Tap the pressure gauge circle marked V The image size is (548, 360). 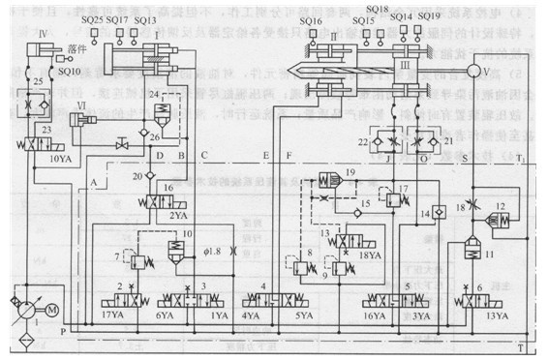[486, 71]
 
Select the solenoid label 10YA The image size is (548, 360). [59, 157]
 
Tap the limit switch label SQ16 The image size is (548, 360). [312, 19]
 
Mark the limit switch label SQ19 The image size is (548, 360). [430, 17]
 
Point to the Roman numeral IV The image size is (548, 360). [43, 33]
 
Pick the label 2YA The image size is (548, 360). [180, 216]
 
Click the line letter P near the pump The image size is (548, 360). [64, 330]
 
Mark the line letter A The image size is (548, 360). [93, 182]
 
